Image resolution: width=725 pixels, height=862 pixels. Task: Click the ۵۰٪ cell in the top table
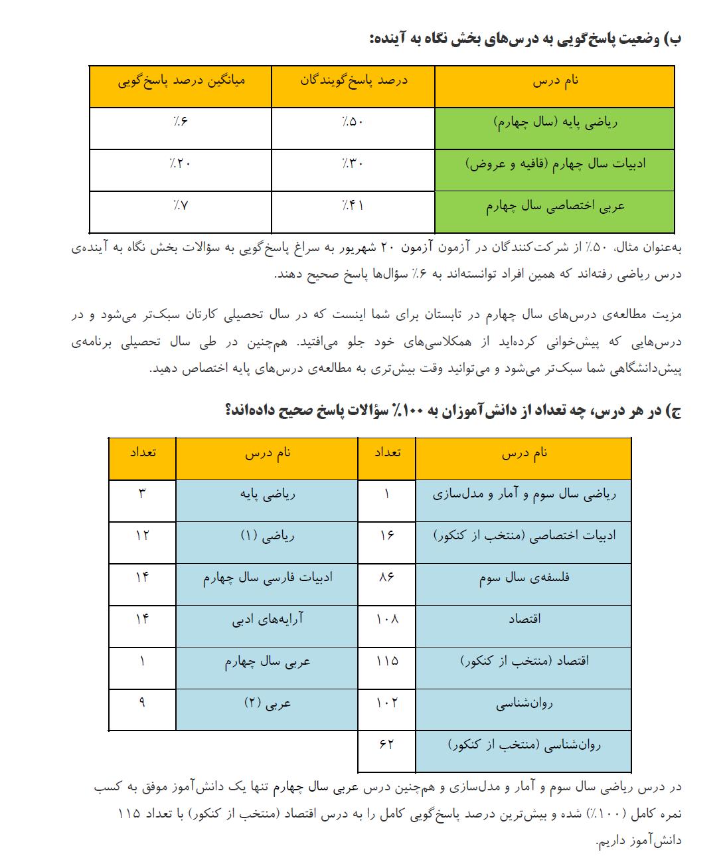[353, 122]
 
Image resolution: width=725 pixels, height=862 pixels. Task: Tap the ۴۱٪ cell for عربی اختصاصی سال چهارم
[353, 205]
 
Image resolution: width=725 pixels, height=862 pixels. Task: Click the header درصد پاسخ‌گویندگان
[353, 80]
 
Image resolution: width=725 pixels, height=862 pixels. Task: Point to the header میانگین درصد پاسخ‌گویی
[181, 80]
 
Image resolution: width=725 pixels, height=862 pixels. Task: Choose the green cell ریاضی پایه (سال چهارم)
[555, 122]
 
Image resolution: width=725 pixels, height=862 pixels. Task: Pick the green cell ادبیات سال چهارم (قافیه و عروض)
[555, 163]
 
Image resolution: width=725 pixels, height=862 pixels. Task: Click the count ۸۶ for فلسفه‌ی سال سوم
[386, 577]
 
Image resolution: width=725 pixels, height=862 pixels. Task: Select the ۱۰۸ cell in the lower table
[386, 619]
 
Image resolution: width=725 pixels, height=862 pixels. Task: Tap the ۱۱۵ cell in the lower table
[386, 661]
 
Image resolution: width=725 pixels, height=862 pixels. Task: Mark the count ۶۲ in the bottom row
[386, 744]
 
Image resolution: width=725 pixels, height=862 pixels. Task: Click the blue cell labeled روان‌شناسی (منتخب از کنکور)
[524, 744]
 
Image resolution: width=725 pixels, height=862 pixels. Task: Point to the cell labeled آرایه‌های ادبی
[267, 619]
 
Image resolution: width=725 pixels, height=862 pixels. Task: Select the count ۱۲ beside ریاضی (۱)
[142, 535]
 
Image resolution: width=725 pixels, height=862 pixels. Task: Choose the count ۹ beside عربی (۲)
[142, 703]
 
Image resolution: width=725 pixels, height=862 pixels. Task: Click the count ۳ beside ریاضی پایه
[142, 493]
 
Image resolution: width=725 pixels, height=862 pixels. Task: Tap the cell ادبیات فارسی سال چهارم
[267, 577]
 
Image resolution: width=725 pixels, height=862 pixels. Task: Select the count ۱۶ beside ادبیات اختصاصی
[386, 535]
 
